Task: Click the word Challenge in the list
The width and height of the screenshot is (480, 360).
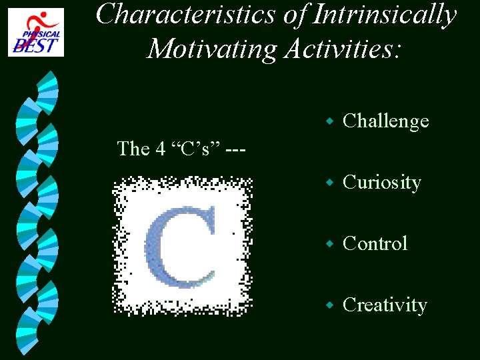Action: tap(385, 121)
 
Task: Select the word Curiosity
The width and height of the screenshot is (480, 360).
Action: tap(381, 183)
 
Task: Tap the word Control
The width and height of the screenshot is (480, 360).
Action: tap(375, 244)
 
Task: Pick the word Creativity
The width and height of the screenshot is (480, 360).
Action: tap(385, 305)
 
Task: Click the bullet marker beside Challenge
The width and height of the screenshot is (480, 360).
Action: tap(328, 122)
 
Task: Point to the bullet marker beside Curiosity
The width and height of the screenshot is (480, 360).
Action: tap(328, 183)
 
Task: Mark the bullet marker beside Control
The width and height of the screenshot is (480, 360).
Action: tap(328, 245)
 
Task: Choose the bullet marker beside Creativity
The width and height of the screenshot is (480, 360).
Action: tap(328, 306)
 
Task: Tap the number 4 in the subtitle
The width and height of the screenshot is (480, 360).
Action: tap(161, 149)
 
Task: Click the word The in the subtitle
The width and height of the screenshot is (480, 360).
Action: tap(133, 149)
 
